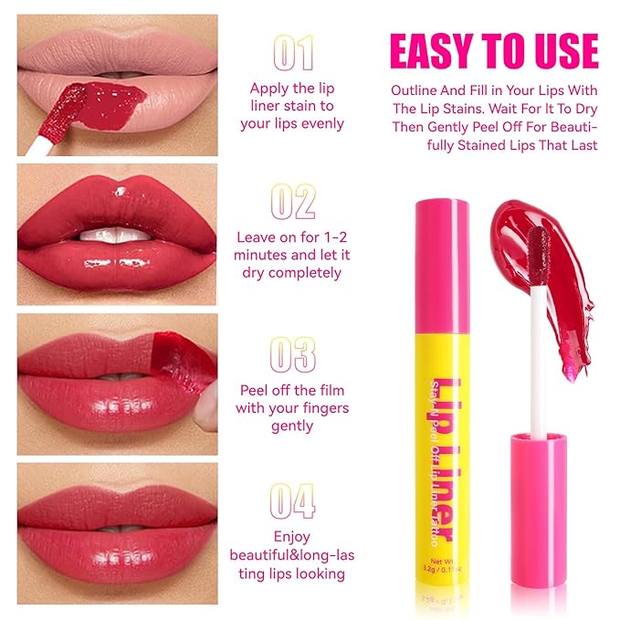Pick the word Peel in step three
[257, 390]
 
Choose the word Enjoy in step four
[291, 537]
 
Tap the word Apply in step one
[271, 89]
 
